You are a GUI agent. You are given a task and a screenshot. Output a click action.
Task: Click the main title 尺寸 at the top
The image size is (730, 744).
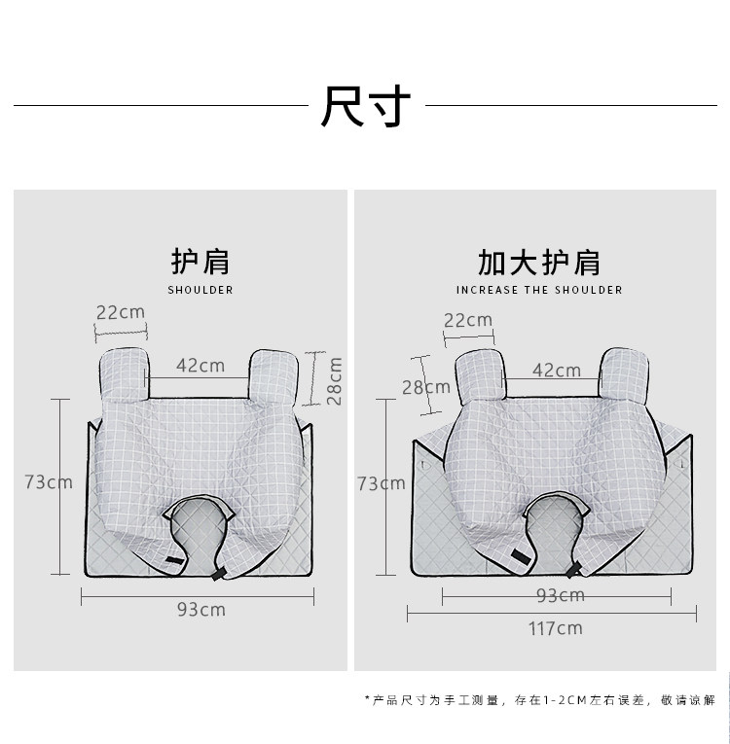click(x=366, y=106)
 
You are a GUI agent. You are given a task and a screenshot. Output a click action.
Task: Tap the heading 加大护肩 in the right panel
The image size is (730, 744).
click(x=538, y=262)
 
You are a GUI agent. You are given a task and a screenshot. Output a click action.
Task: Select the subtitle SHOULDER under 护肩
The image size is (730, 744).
click(x=201, y=290)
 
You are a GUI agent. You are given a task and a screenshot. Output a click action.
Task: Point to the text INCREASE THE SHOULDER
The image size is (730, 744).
click(x=539, y=290)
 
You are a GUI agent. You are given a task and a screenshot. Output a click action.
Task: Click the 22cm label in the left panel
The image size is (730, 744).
click(x=121, y=312)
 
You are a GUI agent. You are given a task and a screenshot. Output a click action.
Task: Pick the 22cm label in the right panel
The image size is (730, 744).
click(x=468, y=320)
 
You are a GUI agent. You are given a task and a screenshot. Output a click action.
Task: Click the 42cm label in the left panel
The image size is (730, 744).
click(x=201, y=366)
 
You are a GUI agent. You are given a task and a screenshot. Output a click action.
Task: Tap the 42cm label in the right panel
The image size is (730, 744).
click(x=557, y=371)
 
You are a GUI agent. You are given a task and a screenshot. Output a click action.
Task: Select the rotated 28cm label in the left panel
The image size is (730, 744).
click(x=334, y=380)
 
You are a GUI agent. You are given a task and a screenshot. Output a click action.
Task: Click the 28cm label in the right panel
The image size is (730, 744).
click(x=426, y=387)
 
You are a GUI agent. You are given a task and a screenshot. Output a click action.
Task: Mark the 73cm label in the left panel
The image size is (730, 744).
click(x=49, y=481)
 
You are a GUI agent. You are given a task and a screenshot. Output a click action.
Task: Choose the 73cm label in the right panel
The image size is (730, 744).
click(x=382, y=483)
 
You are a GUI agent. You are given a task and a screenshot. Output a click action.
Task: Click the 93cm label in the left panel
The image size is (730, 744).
click(x=201, y=609)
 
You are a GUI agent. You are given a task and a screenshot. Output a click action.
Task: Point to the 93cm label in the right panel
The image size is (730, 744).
click(x=560, y=595)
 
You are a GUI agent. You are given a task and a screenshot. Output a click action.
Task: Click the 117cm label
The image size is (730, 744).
click(x=556, y=628)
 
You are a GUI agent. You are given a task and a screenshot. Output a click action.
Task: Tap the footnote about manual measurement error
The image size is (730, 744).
click(x=539, y=699)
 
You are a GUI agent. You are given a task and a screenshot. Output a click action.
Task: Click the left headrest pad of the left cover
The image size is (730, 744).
click(x=124, y=372)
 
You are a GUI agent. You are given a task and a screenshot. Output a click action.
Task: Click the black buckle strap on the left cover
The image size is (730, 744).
click(x=174, y=562)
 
